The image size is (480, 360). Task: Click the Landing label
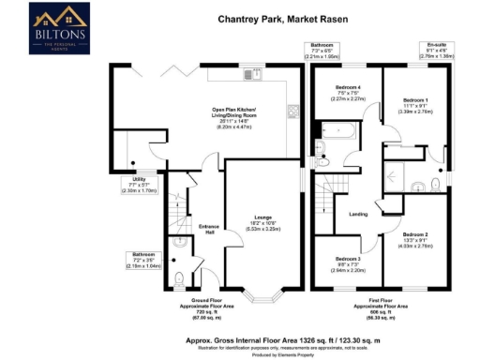(x=357, y=215)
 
